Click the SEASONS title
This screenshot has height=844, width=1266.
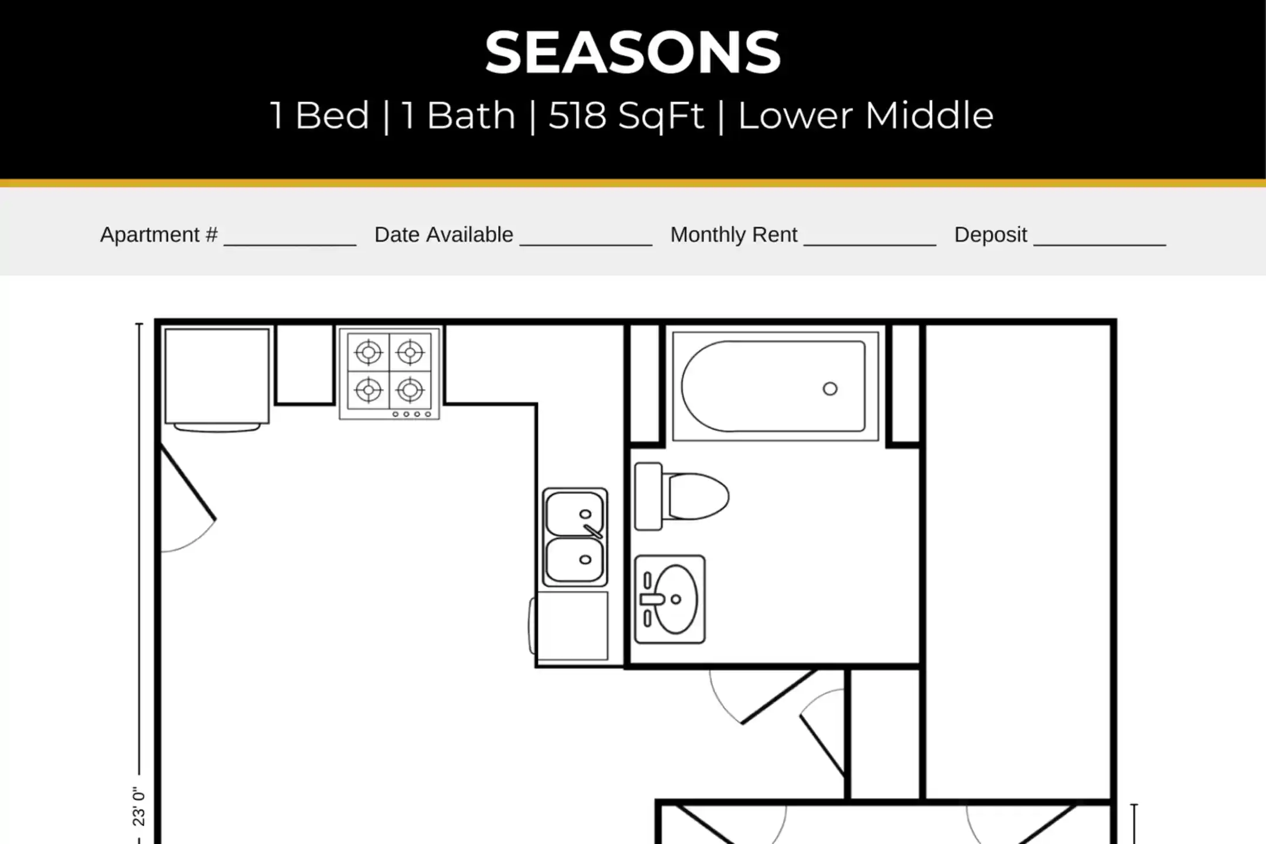pyautogui.click(x=633, y=53)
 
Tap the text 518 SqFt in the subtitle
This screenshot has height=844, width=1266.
pyautogui.click(x=626, y=115)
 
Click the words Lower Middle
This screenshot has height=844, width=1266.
pyautogui.click(x=865, y=115)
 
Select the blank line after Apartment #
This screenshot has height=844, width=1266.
pyautogui.click(x=290, y=244)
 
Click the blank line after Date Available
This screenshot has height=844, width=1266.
pyautogui.click(x=586, y=244)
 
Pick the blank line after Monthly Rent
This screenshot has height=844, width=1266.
pyautogui.click(x=870, y=244)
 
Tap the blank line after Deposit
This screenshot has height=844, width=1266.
pyautogui.click(x=1100, y=244)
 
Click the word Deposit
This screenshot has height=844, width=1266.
pyautogui.click(x=991, y=234)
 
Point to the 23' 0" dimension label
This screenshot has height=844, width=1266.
pyautogui.click(x=139, y=806)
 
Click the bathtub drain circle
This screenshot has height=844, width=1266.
pyautogui.click(x=830, y=389)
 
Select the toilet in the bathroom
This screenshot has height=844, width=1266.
pyautogui.click(x=682, y=497)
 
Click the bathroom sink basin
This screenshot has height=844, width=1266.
pyautogui.click(x=676, y=599)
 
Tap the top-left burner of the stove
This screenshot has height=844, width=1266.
pyautogui.click(x=369, y=352)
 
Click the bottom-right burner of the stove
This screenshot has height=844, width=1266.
pyautogui.click(x=410, y=389)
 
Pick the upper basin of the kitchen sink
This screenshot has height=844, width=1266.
pyautogui.click(x=574, y=513)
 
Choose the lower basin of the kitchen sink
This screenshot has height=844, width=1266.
pyautogui.click(x=574, y=560)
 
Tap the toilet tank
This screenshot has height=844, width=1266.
pyautogui.click(x=648, y=496)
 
